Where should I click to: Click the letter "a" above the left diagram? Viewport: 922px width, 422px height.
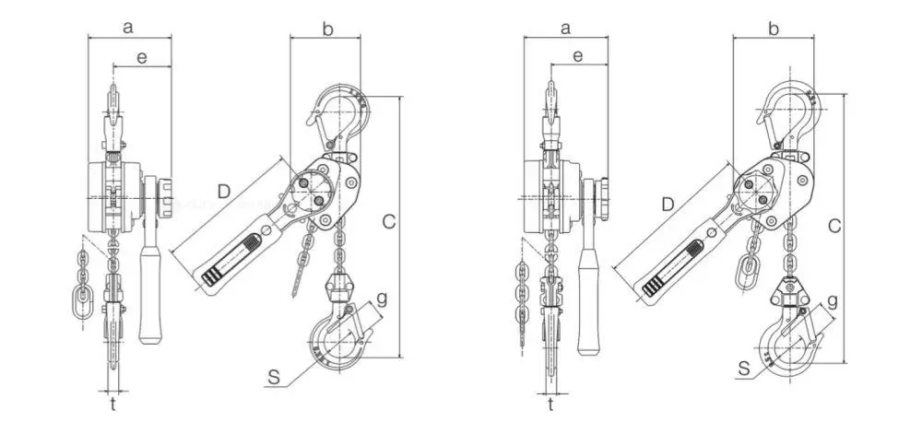tap(128, 27)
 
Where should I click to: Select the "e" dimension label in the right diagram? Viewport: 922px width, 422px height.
tap(578, 56)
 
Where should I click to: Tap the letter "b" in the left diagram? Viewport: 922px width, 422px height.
tap(328, 28)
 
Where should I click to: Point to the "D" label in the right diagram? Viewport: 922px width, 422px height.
tap(668, 205)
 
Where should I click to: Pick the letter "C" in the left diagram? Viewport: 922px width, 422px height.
tap(389, 221)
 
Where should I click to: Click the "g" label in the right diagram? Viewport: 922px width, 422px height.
tap(832, 301)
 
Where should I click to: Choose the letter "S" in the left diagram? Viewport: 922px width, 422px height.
tap(274, 378)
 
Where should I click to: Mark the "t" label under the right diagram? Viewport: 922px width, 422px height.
tap(550, 404)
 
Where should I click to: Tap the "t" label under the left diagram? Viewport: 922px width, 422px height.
tap(112, 404)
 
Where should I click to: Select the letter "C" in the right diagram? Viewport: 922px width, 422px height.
tap(833, 225)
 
